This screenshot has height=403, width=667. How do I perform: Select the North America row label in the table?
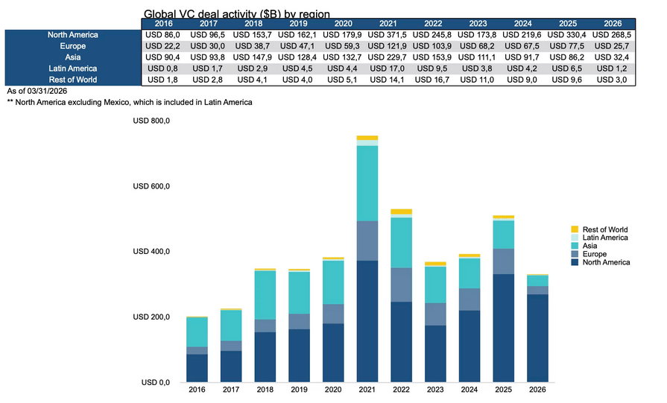point(72,34)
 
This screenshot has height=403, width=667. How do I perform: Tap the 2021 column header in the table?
point(388,23)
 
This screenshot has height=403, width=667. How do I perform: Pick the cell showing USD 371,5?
point(388,34)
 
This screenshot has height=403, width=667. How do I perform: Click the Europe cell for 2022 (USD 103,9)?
point(432,45)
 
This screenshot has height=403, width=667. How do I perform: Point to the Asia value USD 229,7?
point(388,57)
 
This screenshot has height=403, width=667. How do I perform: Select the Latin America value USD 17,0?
point(388,68)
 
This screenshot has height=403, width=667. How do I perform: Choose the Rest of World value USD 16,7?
point(432,79)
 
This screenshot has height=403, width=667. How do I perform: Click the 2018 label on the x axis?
point(264,390)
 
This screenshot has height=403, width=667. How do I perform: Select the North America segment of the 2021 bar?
point(367,321)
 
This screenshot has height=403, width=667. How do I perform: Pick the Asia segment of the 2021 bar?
point(367,183)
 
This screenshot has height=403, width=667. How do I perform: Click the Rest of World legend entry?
point(604,229)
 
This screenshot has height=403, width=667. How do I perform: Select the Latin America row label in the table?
point(72,68)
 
